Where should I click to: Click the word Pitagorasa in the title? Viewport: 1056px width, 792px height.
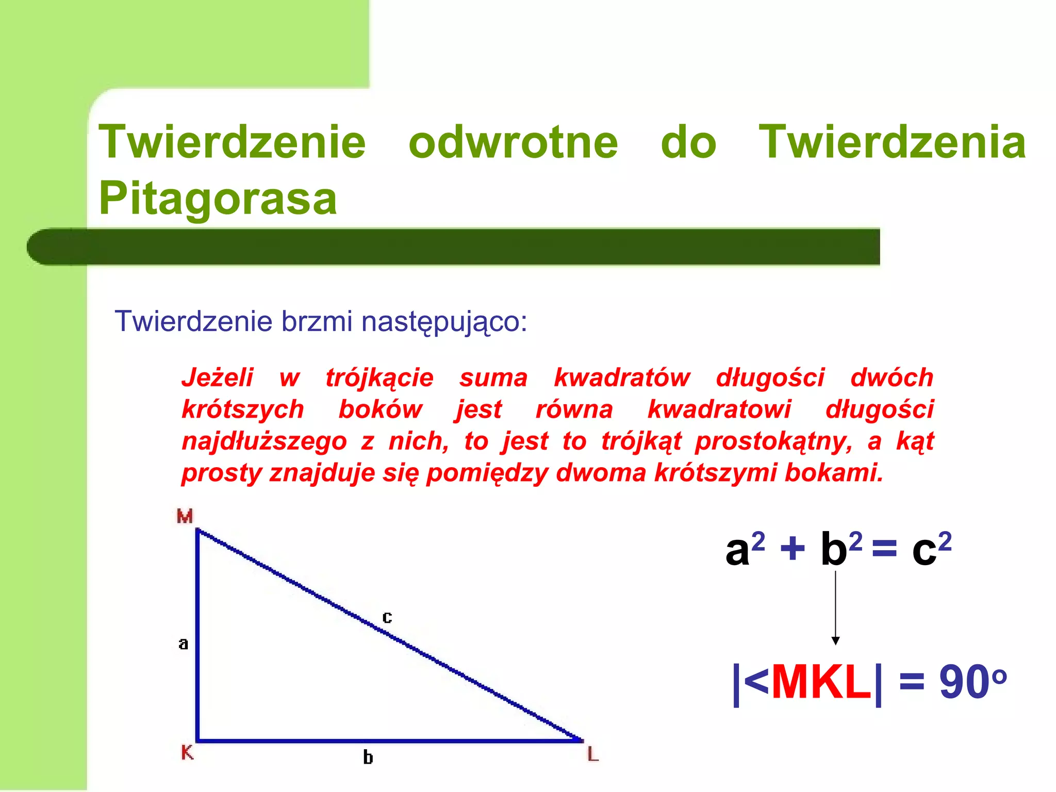click(218, 199)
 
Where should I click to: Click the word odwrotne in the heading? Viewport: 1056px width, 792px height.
click(513, 143)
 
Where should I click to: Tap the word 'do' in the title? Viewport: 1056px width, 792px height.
click(688, 143)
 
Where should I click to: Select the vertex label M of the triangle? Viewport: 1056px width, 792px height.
click(185, 516)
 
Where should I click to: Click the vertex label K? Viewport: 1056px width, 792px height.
click(187, 752)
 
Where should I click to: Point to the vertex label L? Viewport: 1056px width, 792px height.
click(593, 755)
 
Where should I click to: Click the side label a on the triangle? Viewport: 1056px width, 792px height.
click(183, 643)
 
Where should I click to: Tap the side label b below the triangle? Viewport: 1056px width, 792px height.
click(368, 757)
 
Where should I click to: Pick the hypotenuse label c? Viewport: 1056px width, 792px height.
click(387, 617)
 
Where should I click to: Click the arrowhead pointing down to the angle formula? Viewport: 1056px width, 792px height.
click(835, 640)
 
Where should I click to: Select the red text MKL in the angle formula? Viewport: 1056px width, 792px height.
click(821, 683)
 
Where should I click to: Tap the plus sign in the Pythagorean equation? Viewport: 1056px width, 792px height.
click(793, 549)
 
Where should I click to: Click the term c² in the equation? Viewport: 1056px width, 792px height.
click(931, 549)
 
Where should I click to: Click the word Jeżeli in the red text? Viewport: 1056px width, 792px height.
click(218, 378)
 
